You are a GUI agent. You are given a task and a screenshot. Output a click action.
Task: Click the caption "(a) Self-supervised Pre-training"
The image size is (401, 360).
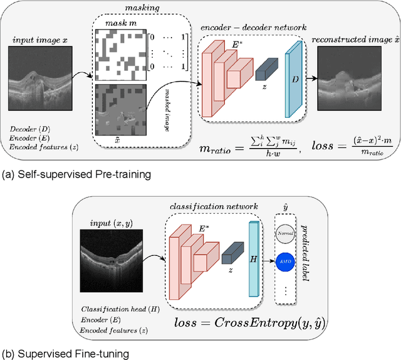tap(76, 175)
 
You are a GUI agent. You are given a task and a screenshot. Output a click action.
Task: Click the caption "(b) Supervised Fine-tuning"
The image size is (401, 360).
tap(65, 353)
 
